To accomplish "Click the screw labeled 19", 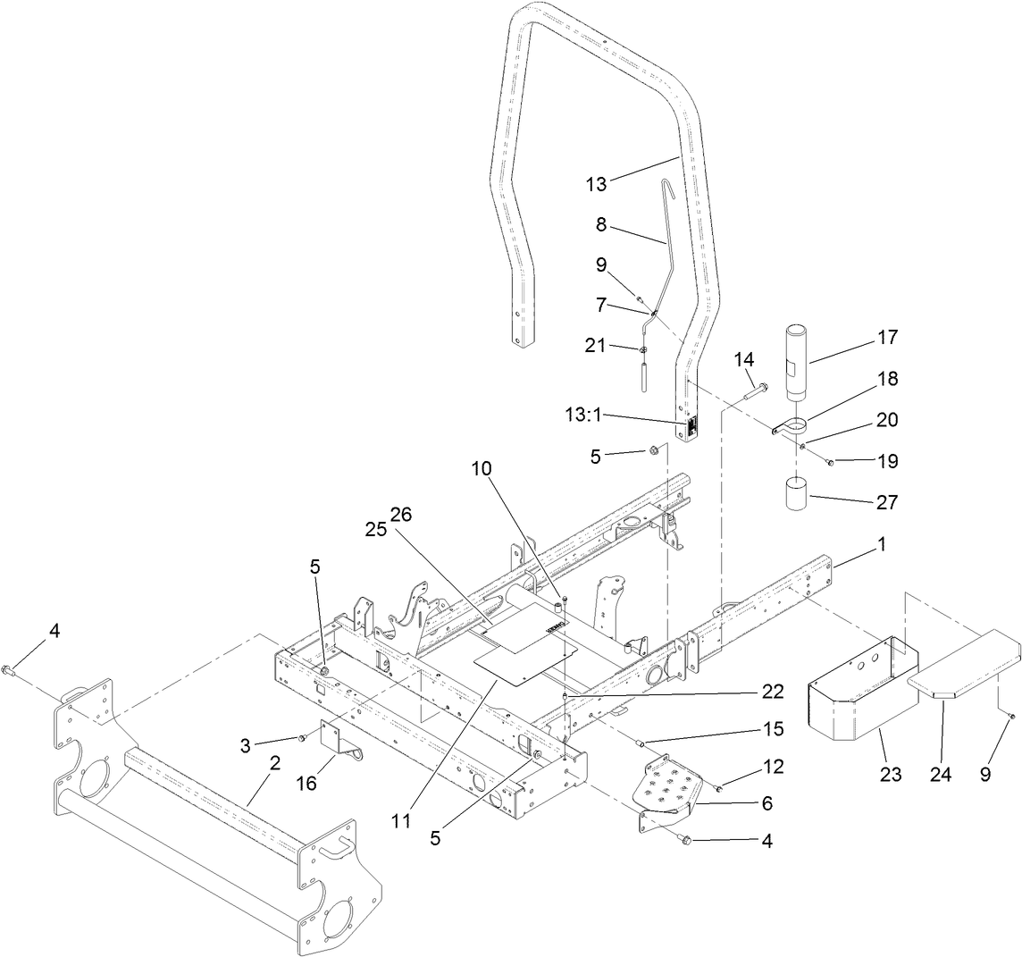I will (x=830, y=462).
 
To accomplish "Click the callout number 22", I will (x=774, y=691).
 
